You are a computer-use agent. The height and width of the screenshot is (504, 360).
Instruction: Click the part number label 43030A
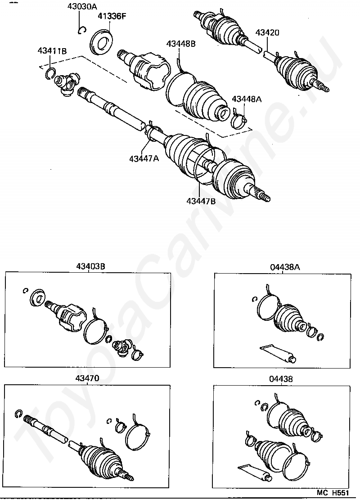[82, 6]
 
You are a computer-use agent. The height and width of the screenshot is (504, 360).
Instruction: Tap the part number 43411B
[52, 50]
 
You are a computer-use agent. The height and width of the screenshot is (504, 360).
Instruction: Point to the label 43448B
[181, 43]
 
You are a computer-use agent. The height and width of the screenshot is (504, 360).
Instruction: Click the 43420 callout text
[267, 32]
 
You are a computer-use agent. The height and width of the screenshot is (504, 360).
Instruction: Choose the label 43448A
[247, 99]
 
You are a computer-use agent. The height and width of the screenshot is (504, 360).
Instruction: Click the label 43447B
[201, 201]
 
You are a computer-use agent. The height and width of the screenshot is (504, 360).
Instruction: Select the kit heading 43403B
[90, 266]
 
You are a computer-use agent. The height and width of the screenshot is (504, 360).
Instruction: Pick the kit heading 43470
[87, 378]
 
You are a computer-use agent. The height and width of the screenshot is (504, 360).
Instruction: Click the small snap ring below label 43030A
[82, 30]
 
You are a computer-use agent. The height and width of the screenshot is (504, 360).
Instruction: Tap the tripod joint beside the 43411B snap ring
[67, 84]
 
